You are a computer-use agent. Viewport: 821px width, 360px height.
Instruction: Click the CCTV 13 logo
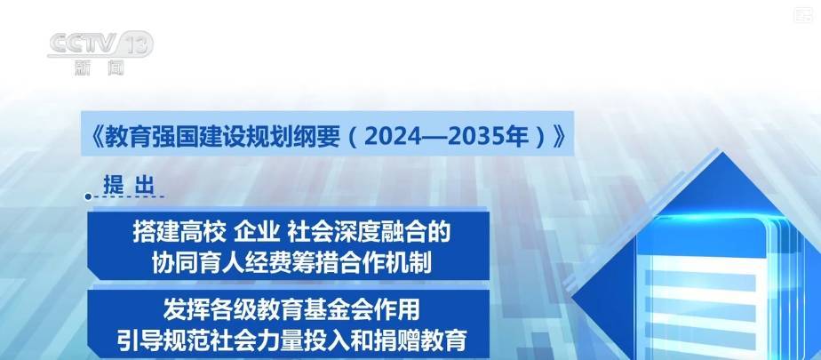point(100,44)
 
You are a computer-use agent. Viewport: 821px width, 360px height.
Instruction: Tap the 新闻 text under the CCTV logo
point(100,68)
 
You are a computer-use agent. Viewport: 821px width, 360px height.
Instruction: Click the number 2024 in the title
point(393,136)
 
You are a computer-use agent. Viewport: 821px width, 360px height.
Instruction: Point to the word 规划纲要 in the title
point(296,136)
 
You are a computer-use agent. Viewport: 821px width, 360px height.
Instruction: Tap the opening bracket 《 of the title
point(95,136)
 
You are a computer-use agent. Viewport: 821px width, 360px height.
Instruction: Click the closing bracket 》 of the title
point(558,136)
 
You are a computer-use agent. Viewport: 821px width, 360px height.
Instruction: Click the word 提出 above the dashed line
point(129,185)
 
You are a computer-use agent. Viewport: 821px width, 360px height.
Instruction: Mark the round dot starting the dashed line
point(89,197)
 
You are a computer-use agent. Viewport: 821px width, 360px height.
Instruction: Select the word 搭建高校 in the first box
point(179,232)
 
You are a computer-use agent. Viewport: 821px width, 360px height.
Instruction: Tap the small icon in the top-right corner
point(802,15)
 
